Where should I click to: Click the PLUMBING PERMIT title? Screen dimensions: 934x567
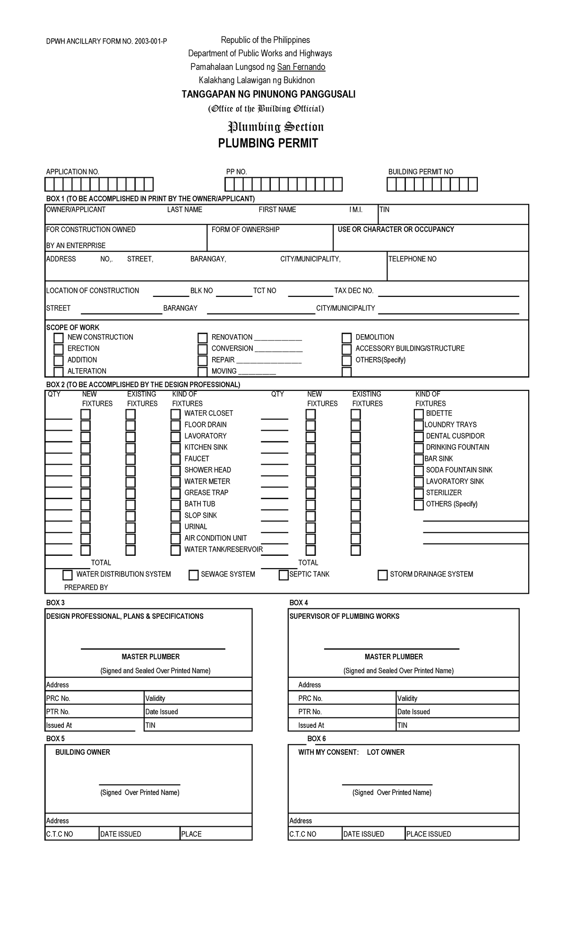(268, 143)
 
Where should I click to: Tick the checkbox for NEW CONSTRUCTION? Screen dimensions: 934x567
(59, 338)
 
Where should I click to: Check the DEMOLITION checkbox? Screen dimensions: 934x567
(346, 338)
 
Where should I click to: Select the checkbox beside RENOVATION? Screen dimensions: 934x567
(203, 338)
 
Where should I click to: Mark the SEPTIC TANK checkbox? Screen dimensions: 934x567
(283, 575)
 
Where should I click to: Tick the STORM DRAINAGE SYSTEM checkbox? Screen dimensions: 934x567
(383, 575)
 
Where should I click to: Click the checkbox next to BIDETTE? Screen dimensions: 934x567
(419, 414)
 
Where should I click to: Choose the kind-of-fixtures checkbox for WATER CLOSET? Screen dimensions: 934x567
(176, 414)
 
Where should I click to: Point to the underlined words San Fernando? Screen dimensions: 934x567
(301, 67)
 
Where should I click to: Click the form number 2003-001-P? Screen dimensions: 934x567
(150, 42)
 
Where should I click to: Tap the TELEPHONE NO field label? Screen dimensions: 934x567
(412, 259)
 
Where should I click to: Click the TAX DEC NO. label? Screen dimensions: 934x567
(354, 291)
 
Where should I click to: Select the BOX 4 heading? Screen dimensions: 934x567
(298, 603)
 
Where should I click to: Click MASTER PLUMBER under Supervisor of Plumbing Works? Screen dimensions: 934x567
(394, 657)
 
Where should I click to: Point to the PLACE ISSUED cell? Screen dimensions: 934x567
(429, 834)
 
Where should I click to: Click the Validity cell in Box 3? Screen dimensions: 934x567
(155, 699)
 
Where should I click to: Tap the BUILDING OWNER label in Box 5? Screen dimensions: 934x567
(83, 752)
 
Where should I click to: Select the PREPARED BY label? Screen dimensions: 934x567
(86, 588)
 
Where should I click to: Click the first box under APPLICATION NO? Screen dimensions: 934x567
(50, 184)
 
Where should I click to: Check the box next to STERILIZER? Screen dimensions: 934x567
(419, 493)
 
